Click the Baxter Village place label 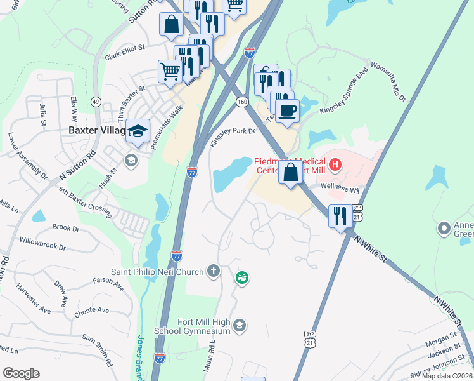point(95,131)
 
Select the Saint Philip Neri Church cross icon point(214,272)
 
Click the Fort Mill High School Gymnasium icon point(239,326)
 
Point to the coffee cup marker point(288,109)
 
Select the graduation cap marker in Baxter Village point(138,131)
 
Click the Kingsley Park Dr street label point(232,137)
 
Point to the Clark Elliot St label point(125,51)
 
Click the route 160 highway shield point(242,102)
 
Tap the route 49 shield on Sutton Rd point(96,101)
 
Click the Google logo point(21,373)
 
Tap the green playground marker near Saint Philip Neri point(241,277)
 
